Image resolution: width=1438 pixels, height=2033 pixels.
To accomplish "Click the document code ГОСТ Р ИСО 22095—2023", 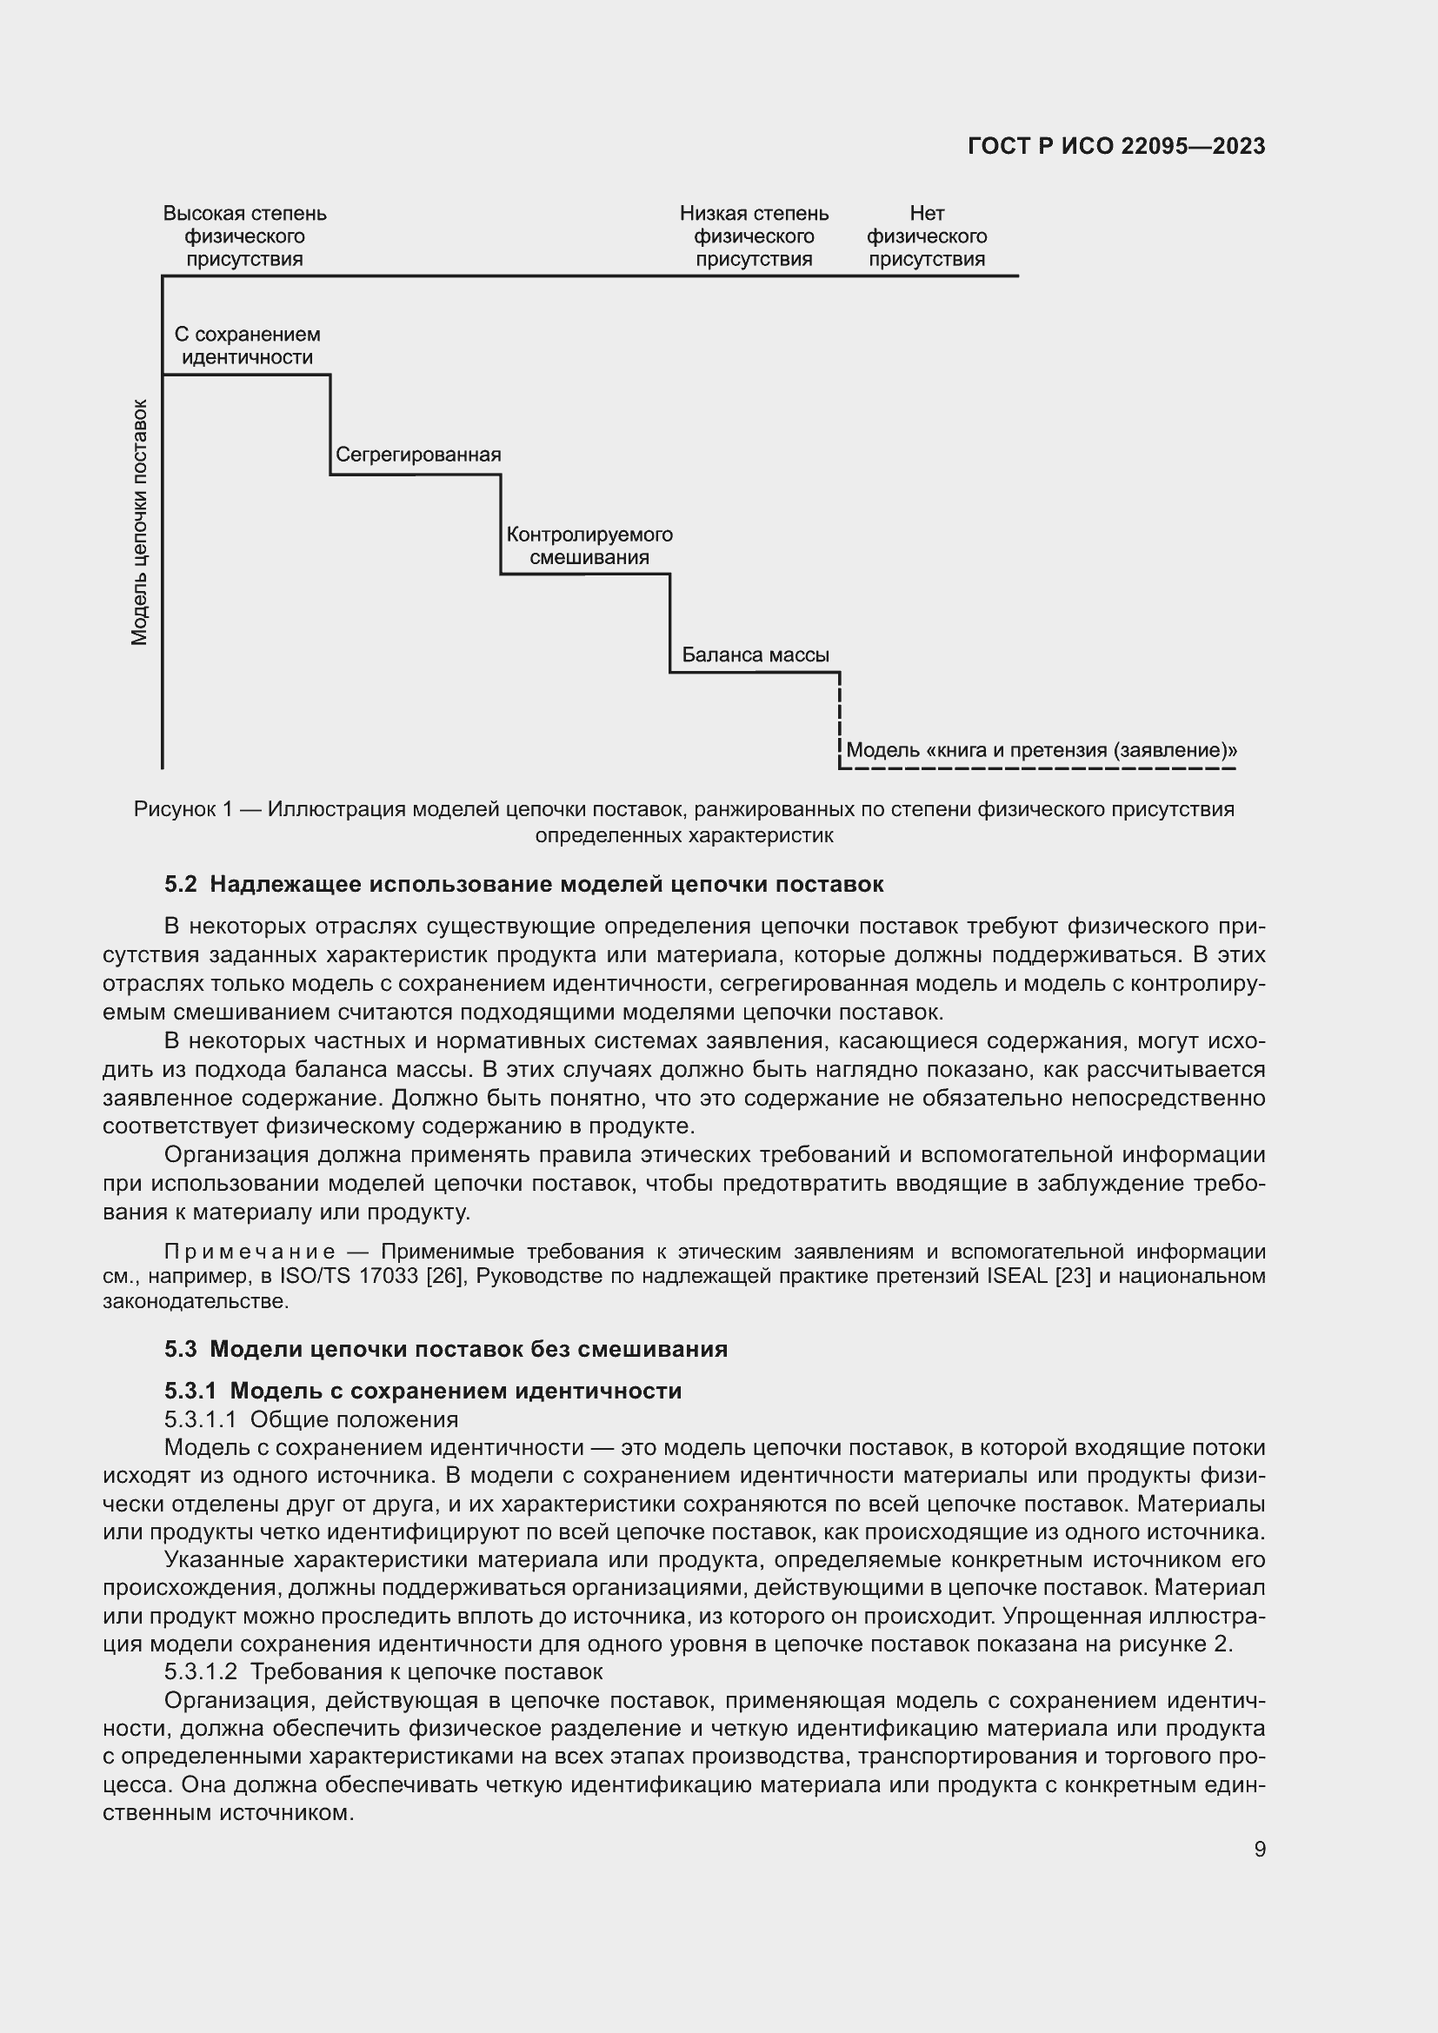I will click(x=1115, y=146).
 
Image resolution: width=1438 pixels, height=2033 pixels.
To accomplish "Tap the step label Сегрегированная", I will click(x=418, y=455).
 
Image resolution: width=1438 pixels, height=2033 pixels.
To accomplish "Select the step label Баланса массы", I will click(x=755, y=654).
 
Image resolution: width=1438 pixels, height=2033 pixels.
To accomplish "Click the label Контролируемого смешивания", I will click(x=589, y=546).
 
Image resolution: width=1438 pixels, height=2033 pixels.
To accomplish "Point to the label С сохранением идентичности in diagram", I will click(x=247, y=346).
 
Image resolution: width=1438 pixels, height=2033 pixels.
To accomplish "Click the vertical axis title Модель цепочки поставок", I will click(x=139, y=522).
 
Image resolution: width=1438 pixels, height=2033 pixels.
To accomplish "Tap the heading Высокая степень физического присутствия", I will click(x=244, y=236).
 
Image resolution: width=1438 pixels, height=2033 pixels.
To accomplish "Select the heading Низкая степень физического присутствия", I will click(x=754, y=236).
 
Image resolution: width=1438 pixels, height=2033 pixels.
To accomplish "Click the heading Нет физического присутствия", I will click(x=926, y=236).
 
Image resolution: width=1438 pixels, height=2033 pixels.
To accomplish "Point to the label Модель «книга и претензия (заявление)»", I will click(x=1042, y=750).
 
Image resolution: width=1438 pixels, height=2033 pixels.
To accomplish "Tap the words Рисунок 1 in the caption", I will click(x=183, y=808).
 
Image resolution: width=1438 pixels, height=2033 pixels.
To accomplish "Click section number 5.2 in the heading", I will click(x=181, y=884).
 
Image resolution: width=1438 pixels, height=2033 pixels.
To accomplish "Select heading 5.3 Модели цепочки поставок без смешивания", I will click(x=445, y=1349).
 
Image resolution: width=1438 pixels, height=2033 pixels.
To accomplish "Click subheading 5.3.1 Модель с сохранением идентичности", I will click(x=423, y=1390).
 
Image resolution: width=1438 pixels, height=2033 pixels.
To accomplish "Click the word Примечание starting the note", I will click(x=250, y=1251).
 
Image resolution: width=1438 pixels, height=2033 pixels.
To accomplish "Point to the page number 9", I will click(x=1259, y=1849).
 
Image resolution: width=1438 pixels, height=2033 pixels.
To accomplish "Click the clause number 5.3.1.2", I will click(x=200, y=1671).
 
